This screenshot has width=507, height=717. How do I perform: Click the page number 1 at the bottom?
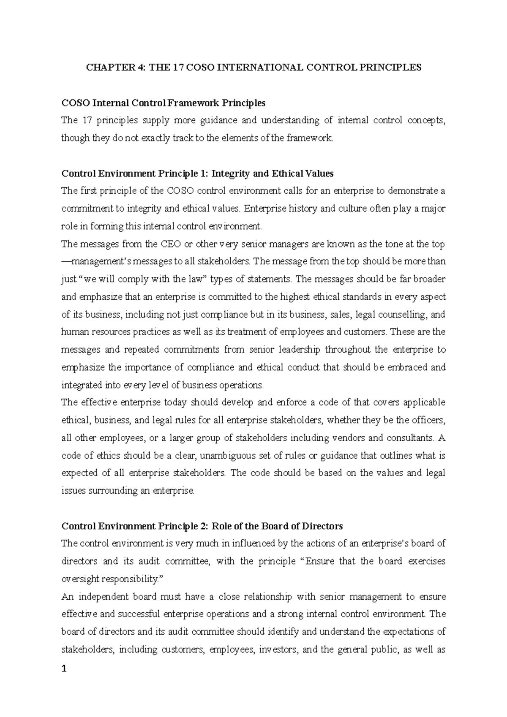64,670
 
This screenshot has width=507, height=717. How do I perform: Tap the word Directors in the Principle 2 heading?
321,526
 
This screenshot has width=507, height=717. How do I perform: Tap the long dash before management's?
67,262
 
